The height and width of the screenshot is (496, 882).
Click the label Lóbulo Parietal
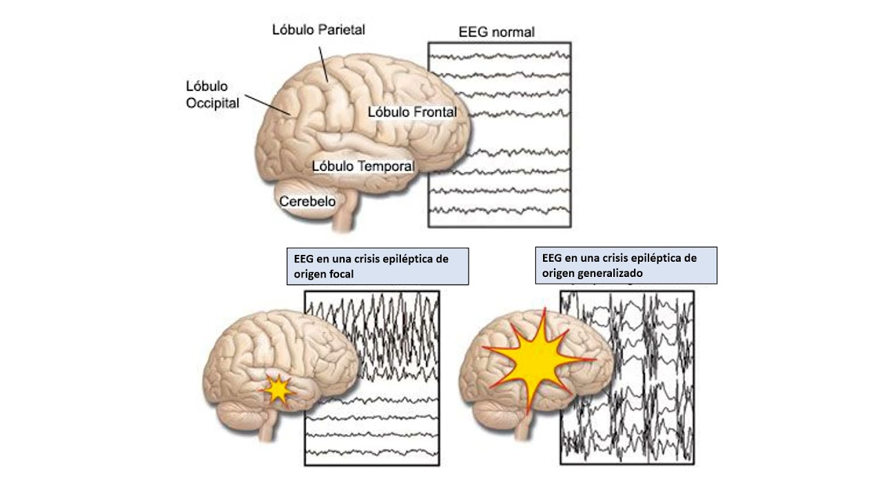pos(318,30)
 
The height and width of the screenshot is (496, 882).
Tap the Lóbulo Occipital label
pos(212,95)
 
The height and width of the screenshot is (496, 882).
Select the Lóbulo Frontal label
pos(412,112)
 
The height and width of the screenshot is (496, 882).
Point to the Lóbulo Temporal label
pos(363,166)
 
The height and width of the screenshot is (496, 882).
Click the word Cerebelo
pos(307,201)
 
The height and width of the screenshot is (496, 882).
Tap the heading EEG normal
pos(496,32)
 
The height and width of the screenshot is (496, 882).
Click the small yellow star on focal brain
pos(278,391)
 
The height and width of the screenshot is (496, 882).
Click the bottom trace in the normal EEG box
pos(499,209)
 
